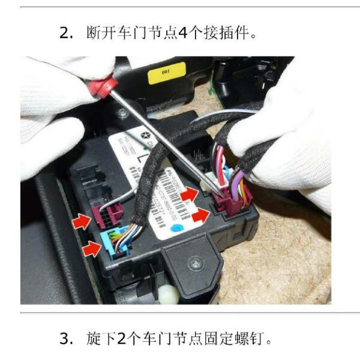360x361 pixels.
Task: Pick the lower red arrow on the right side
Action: (x=202, y=214)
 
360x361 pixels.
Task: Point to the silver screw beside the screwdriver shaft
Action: (x=122, y=113)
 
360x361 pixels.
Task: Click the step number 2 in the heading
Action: (x=65, y=33)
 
